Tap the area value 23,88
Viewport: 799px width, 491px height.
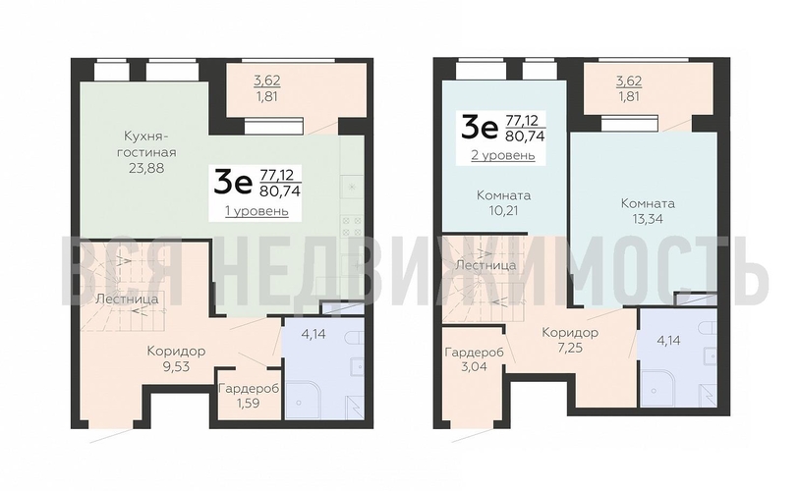[x=146, y=168]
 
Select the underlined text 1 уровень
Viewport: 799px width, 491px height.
[x=257, y=211]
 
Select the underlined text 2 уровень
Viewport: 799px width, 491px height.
[x=503, y=155]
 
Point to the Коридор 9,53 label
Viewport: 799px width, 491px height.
[x=176, y=358]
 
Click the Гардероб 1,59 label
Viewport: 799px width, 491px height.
[x=249, y=396]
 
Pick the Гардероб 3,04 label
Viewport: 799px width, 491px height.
[x=475, y=358]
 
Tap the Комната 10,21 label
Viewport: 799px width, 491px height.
[x=503, y=202]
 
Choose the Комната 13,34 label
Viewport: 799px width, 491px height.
[x=648, y=211]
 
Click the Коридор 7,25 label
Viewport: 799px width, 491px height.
[x=570, y=340]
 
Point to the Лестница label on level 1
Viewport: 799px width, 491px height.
[x=127, y=299]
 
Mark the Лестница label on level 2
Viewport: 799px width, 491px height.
[x=485, y=265]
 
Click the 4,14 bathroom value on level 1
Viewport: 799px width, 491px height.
[x=313, y=334]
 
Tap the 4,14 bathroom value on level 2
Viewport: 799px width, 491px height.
[x=668, y=340]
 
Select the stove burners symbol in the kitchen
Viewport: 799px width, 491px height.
[x=352, y=226]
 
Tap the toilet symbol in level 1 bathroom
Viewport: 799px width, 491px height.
[x=354, y=338]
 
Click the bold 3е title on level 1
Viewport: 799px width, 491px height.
[x=233, y=183]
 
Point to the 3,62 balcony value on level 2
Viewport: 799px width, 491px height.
[x=628, y=81]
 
